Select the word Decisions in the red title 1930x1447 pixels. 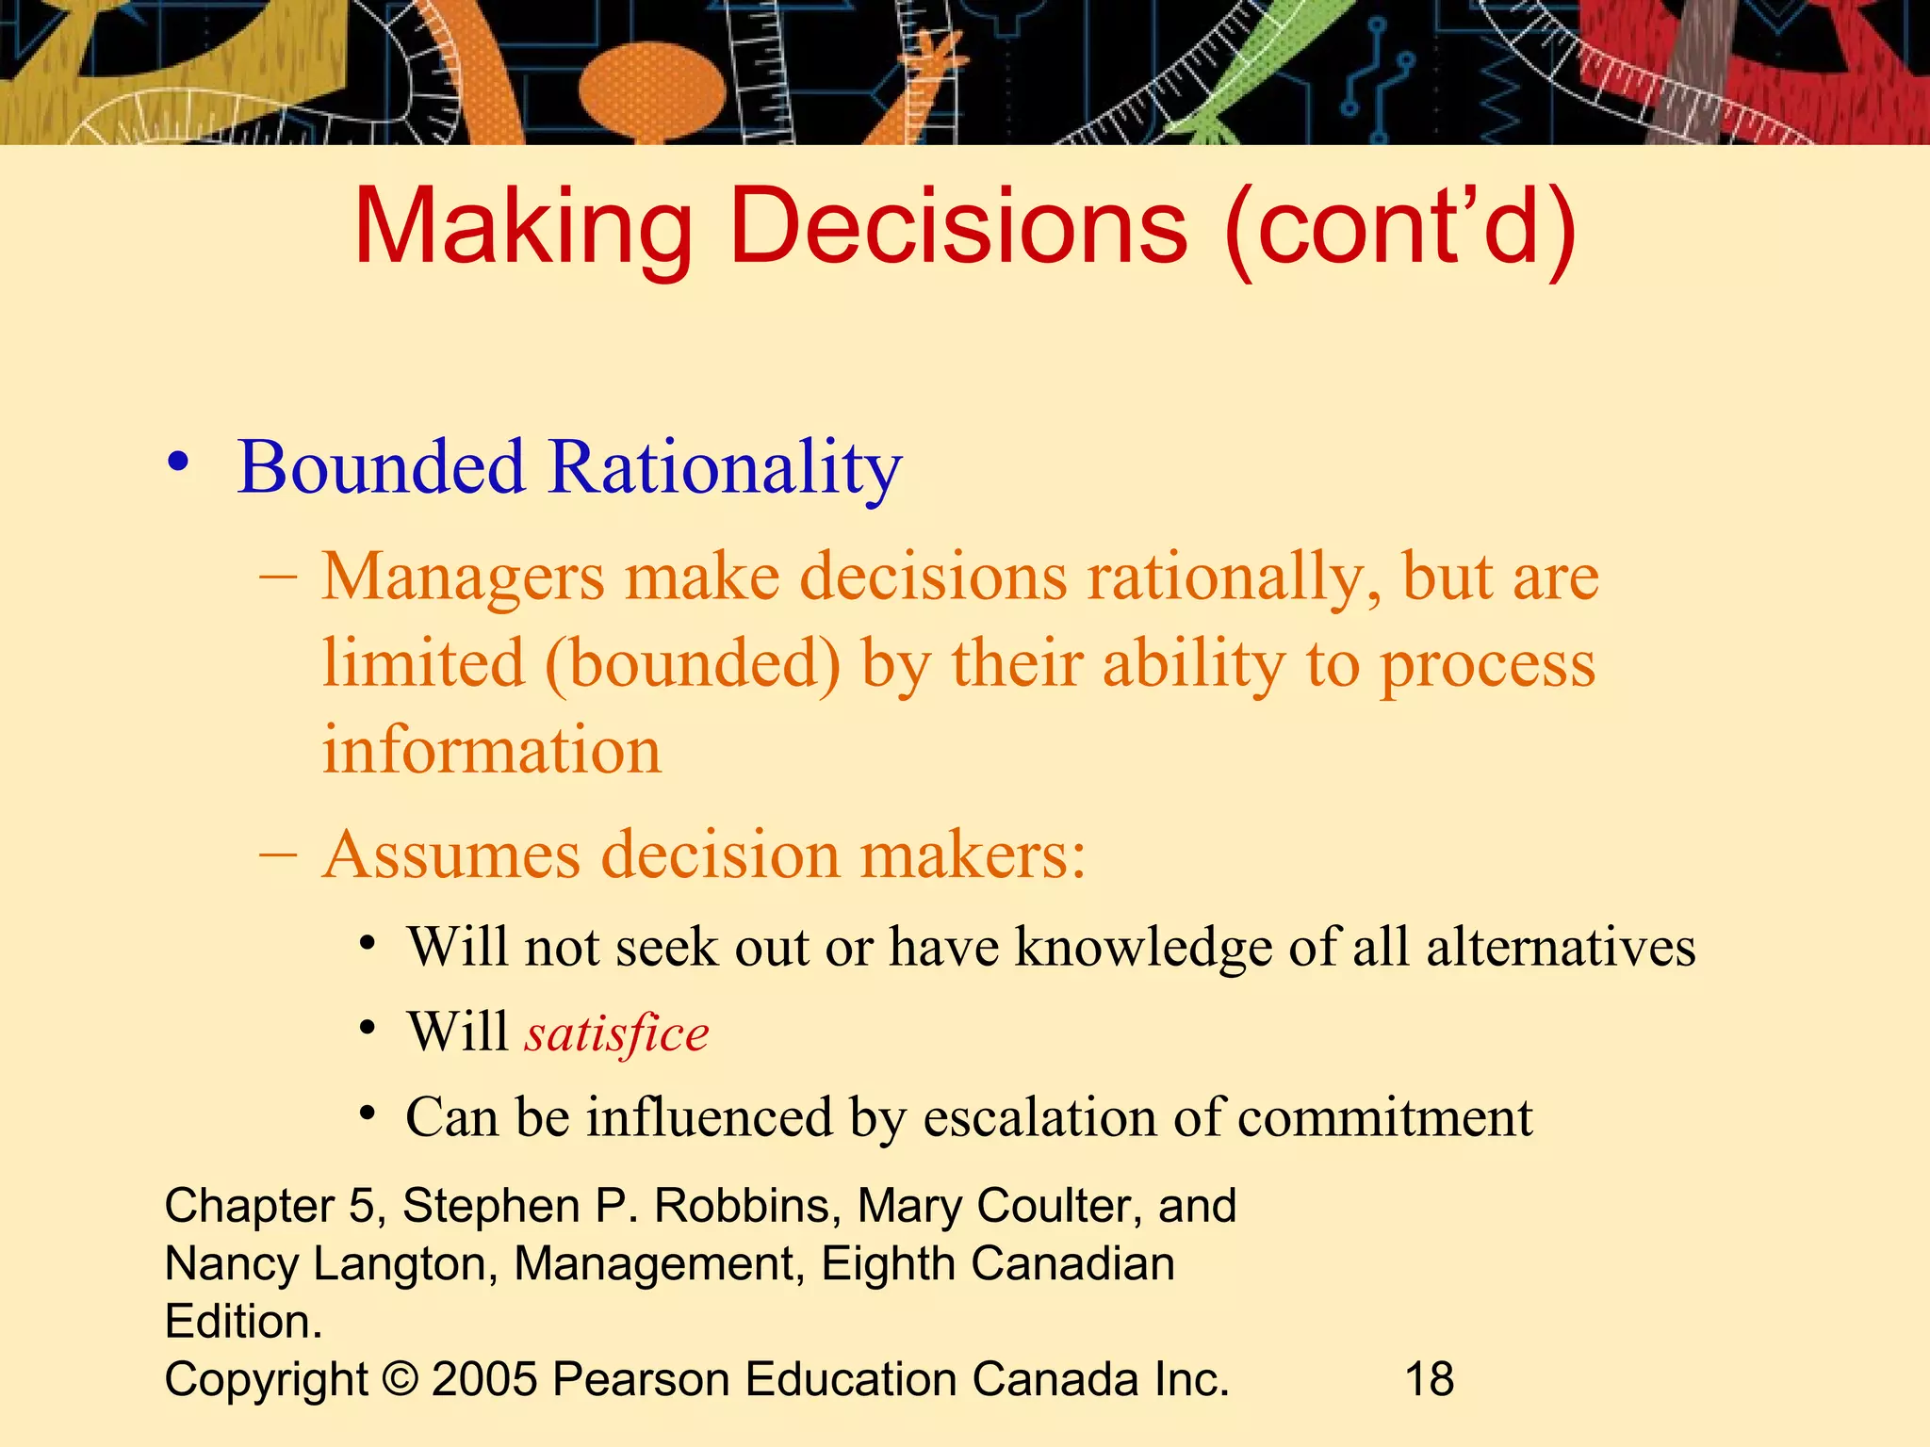957,226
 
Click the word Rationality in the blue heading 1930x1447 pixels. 725,468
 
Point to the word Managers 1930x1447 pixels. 463,577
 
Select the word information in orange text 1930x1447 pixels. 492,751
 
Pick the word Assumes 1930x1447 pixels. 450,855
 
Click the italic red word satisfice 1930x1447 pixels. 617,1033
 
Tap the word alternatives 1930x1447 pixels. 1561,947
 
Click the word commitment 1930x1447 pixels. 1385,1118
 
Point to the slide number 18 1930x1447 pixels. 1430,1379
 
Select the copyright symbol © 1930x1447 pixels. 401,1379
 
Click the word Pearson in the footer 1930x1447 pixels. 641,1379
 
